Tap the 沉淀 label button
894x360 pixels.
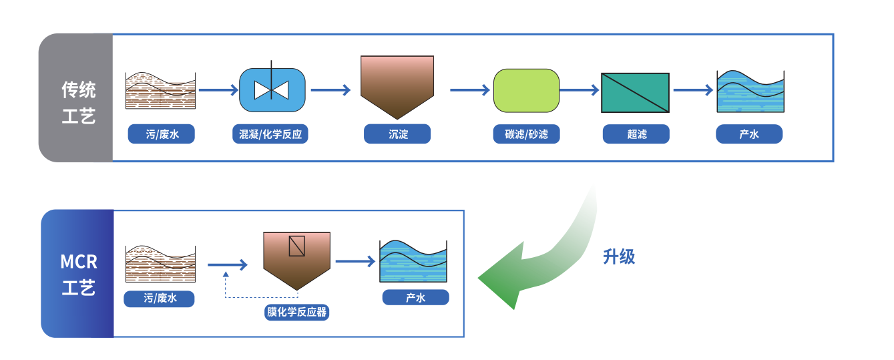[x=397, y=134]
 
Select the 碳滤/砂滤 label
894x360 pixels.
[x=526, y=134]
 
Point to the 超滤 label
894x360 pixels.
[x=636, y=134]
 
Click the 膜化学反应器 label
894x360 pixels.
[x=297, y=312]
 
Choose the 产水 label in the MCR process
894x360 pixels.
[x=415, y=297]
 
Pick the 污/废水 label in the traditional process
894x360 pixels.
[x=162, y=134]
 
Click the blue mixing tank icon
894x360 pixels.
[x=272, y=90]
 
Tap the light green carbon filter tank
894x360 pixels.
[x=526, y=90]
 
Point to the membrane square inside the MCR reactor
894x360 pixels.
[x=296, y=246]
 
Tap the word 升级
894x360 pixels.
[x=619, y=256]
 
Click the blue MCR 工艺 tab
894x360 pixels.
[x=78, y=274]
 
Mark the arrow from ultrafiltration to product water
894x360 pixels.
[x=693, y=90]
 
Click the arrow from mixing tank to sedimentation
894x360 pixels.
[x=330, y=90]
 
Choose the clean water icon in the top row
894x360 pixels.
[x=750, y=92]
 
